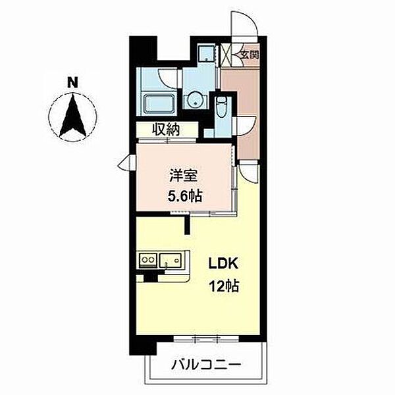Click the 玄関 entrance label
(250, 55)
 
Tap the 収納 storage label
(165, 130)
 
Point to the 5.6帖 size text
(185, 196)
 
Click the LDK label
(223, 264)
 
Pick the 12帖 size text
(224, 286)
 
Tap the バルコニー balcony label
(206, 364)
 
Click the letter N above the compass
(72, 82)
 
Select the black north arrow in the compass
(72, 115)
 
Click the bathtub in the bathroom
(159, 104)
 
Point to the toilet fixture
(222, 107)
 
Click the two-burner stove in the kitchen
(148, 259)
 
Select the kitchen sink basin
(171, 259)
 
